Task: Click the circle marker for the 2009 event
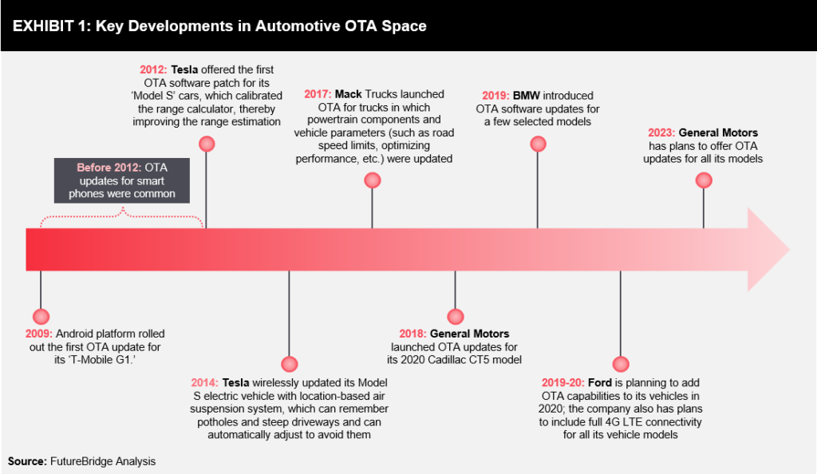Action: pyautogui.click(x=41, y=316)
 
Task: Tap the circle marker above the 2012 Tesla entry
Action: pyautogui.click(x=207, y=144)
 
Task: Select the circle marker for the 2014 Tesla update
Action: pyautogui.click(x=290, y=363)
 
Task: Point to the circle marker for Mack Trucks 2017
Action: pyautogui.click(x=373, y=180)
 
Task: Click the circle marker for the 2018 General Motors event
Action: pyautogui.click(x=456, y=316)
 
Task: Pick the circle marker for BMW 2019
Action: pyautogui.click(x=538, y=144)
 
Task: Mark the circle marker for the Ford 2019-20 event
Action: pyautogui.click(x=620, y=363)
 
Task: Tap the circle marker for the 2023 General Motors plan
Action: pyautogui.click(x=703, y=180)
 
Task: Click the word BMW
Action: pyautogui.click(x=527, y=95)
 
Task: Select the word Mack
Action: pyautogui.click(x=349, y=94)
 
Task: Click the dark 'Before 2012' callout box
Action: pyautogui.click(x=122, y=180)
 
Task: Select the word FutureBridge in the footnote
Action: pyautogui.click(x=84, y=460)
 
